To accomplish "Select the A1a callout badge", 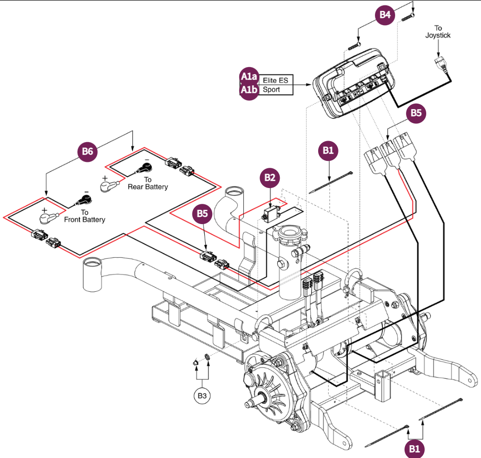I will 249,77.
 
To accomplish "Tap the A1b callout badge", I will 249,90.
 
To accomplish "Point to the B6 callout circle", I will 87,152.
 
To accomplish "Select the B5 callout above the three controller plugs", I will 416,114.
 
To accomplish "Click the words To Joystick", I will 438,32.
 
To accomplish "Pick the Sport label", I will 271,90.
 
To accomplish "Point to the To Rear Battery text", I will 148,183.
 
